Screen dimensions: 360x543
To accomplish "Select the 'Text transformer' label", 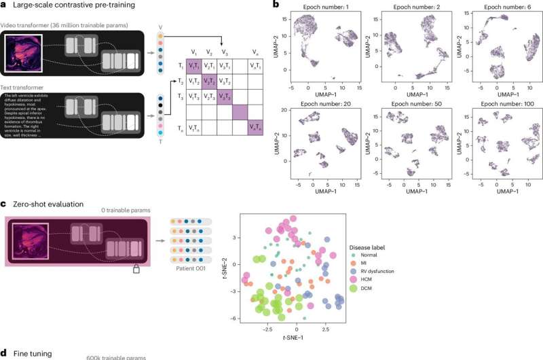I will (x=27, y=87).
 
